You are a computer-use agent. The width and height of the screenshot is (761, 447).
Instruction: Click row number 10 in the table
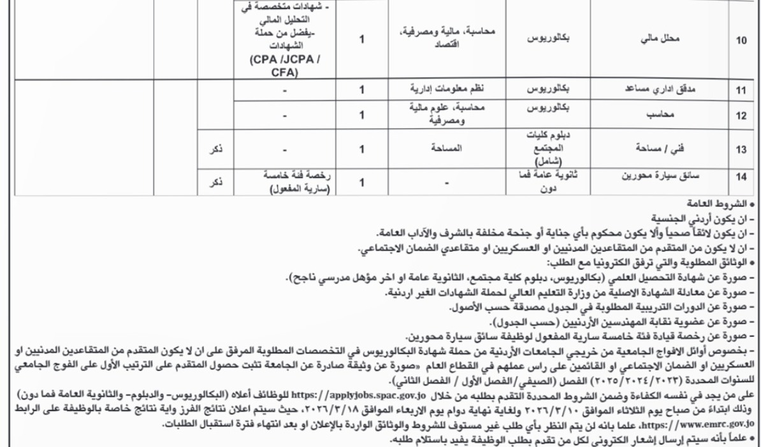pyautogui.click(x=741, y=40)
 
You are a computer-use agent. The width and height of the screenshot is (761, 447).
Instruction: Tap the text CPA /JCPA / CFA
pyautogui.click(x=284, y=66)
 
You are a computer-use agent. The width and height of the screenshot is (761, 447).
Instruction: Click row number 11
pyautogui.click(x=741, y=91)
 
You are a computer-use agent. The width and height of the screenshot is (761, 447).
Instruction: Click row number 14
pyautogui.click(x=741, y=182)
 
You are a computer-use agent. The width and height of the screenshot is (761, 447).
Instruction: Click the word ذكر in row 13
pyautogui.click(x=216, y=152)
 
